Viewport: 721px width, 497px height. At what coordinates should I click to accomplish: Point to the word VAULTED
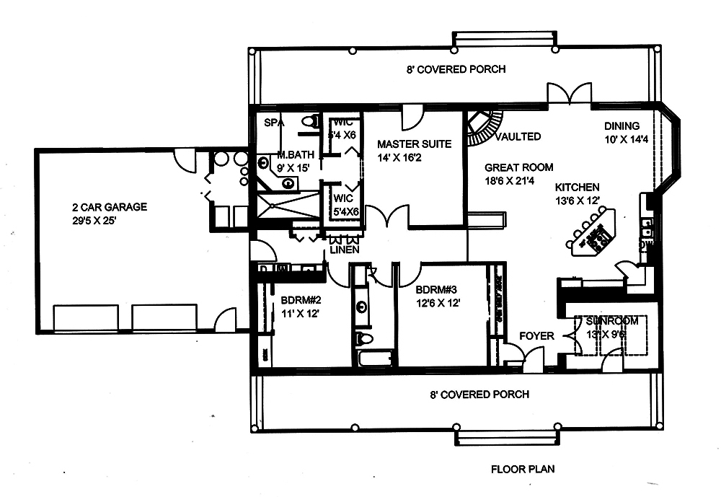(519, 136)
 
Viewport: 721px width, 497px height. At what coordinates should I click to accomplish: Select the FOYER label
(536, 336)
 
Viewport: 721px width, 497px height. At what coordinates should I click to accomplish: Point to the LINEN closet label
(344, 250)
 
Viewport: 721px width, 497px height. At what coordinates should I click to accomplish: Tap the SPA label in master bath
(273, 123)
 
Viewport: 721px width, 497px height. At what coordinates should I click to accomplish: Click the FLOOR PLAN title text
(523, 469)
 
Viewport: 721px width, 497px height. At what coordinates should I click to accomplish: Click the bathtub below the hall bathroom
(373, 358)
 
